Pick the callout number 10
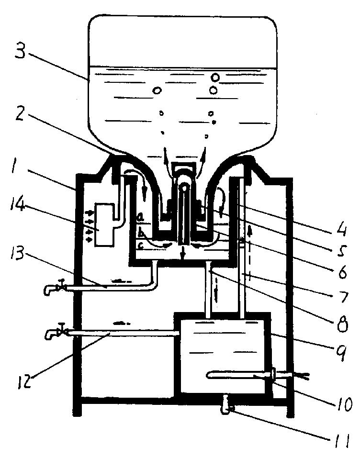(x=344, y=405)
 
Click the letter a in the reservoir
(x=141, y=217)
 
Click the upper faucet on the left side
(x=55, y=288)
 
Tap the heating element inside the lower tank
(x=240, y=375)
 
